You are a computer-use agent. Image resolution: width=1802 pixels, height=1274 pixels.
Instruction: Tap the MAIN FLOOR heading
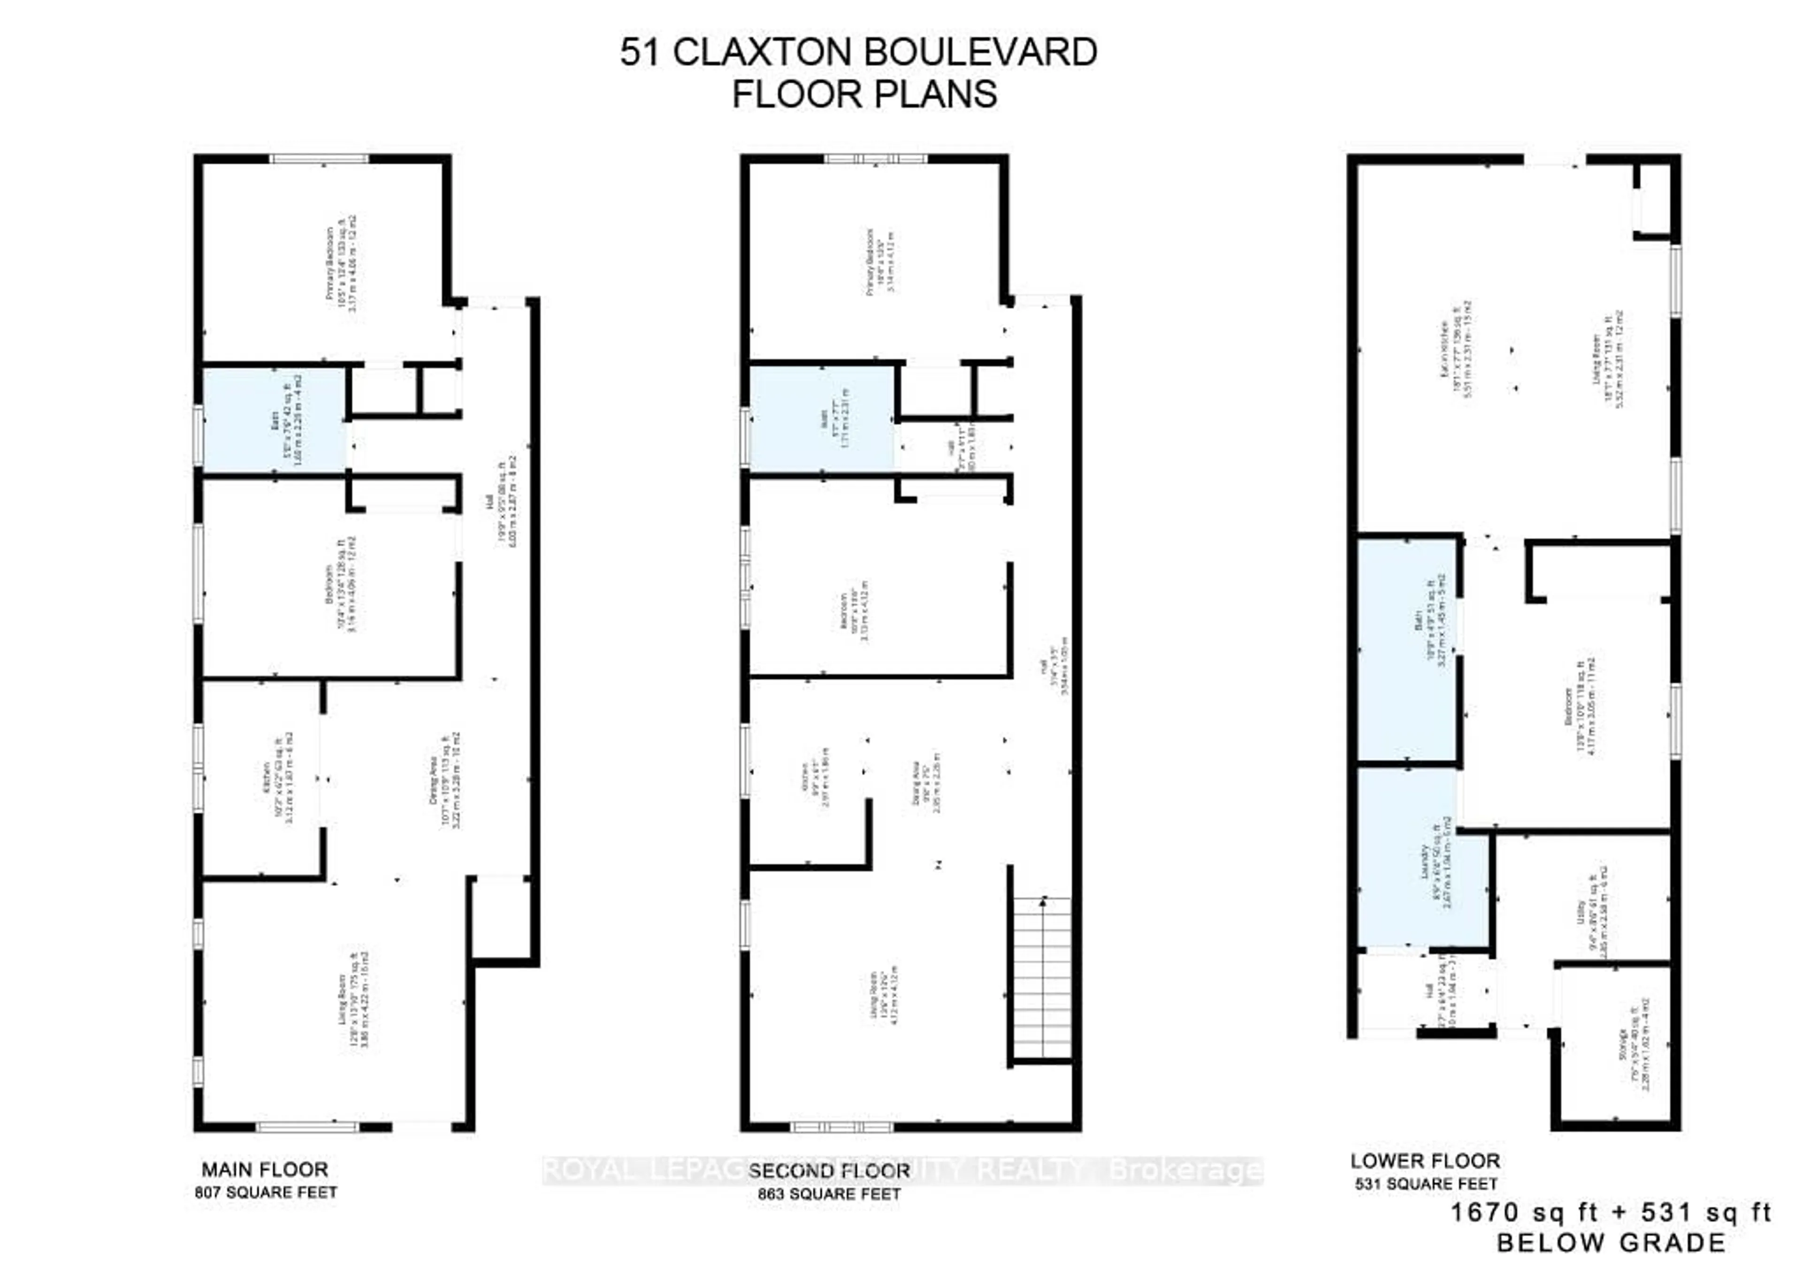265,1170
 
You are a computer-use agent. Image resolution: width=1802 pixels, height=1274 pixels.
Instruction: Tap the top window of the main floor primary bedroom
320,160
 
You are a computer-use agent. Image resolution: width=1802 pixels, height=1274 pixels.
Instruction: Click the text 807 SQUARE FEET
266,1192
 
